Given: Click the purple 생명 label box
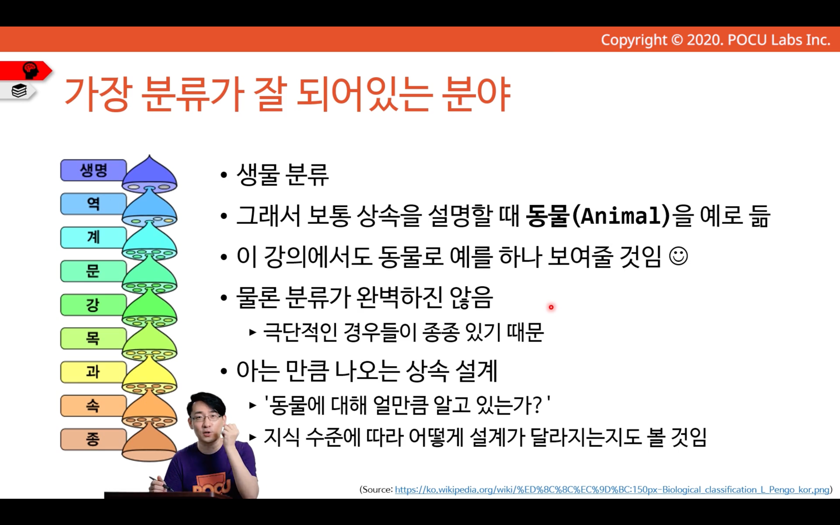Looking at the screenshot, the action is (x=93, y=170).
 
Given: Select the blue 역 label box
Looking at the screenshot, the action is (x=93, y=204).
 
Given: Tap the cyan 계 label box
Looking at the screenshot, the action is (x=93, y=237).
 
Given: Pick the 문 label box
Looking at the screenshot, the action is (x=93, y=271).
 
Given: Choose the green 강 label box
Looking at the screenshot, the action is (x=93, y=304).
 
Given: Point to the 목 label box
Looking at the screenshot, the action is (x=93, y=338).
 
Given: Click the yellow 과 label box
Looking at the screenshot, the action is (x=93, y=372).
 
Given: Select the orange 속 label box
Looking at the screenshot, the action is (x=93, y=406).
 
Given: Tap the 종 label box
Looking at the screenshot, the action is (x=93, y=439).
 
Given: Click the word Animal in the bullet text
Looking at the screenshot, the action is (x=621, y=216).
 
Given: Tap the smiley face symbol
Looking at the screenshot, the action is (x=678, y=257).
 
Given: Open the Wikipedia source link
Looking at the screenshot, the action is (x=612, y=490).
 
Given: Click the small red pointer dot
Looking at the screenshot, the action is (x=551, y=307).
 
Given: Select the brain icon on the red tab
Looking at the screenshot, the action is (x=31, y=70).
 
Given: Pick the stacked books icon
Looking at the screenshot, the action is (x=19, y=91).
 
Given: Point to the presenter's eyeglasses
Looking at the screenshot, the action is (x=206, y=418).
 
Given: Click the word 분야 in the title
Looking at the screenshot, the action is (x=476, y=94).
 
